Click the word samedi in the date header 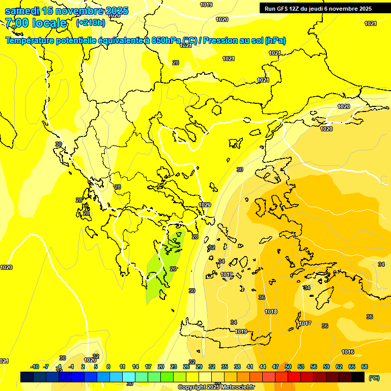point(21,11)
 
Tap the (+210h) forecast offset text point(91,22)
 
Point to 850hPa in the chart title point(166,41)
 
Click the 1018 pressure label point(271,312)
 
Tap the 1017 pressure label point(305,323)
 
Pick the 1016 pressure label point(348,352)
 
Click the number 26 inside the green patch point(173,269)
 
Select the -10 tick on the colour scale point(35,367)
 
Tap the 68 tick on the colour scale point(365,367)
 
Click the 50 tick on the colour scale point(288,367)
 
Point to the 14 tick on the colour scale point(135,367)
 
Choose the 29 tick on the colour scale point(199,367)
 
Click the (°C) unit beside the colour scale point(374,377)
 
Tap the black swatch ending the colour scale point(358,377)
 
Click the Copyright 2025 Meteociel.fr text point(216,387)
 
